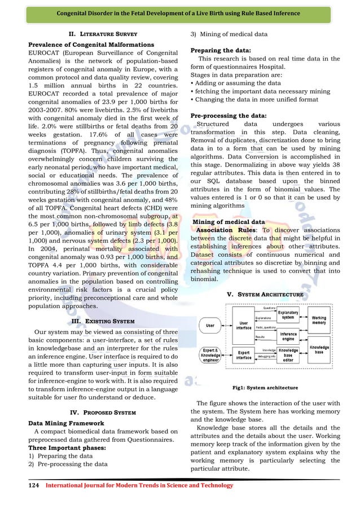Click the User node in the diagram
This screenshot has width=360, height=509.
210,326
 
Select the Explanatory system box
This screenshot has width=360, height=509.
288,315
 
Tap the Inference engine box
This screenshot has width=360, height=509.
288,336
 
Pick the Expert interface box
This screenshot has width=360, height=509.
244,354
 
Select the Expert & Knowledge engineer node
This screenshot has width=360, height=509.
210,354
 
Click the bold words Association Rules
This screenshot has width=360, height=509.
225,230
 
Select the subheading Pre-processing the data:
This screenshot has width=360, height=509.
225,115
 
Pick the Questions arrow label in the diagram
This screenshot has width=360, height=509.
269,308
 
